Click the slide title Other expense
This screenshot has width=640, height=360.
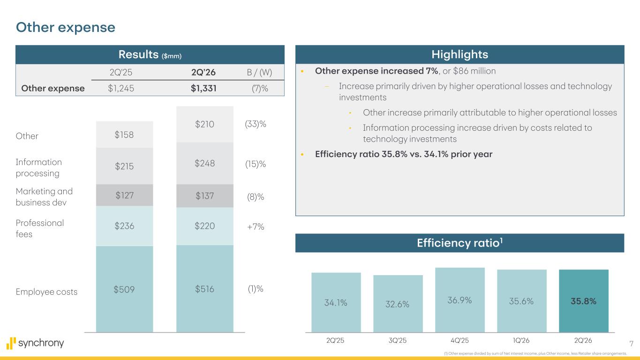pyautogui.click(x=66, y=28)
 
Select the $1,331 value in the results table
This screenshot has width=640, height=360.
pyautogui.click(x=203, y=88)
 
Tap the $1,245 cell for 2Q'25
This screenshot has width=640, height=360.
pyautogui.click(x=121, y=88)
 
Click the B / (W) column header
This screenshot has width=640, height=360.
pyautogui.click(x=259, y=72)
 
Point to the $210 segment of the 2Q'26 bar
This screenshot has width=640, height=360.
pyautogui.click(x=204, y=124)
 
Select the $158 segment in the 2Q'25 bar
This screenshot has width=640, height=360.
pyautogui.click(x=124, y=135)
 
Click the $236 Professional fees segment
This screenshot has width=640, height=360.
pyautogui.click(x=124, y=226)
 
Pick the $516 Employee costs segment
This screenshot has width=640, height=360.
pyautogui.click(x=204, y=289)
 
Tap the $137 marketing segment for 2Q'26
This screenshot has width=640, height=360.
pyautogui.click(x=204, y=196)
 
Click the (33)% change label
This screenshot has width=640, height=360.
pyautogui.click(x=256, y=124)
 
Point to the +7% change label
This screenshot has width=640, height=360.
pyautogui.click(x=256, y=227)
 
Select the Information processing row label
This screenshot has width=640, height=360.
pyautogui.click(x=38, y=168)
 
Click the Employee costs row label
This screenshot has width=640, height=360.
pyautogui.click(x=46, y=292)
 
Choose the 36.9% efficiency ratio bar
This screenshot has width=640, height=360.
pyautogui.click(x=459, y=300)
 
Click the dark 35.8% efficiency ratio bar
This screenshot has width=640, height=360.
pyautogui.click(x=583, y=301)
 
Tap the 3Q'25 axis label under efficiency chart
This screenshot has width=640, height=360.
pyautogui.click(x=398, y=340)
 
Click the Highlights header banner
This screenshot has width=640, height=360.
pyautogui.click(x=459, y=54)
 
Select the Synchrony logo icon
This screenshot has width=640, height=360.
pyautogui.click(x=11, y=343)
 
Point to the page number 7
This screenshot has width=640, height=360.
pyautogui.click(x=632, y=344)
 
